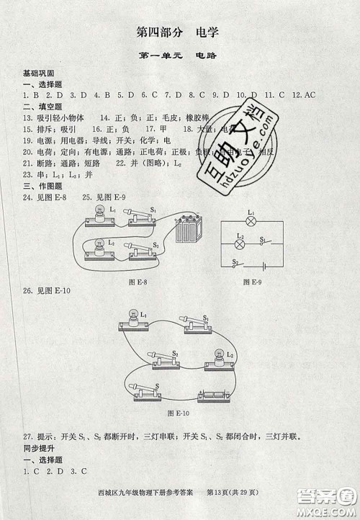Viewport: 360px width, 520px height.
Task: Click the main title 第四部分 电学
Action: tap(177, 32)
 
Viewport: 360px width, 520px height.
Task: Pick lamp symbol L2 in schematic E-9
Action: tap(243, 245)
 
